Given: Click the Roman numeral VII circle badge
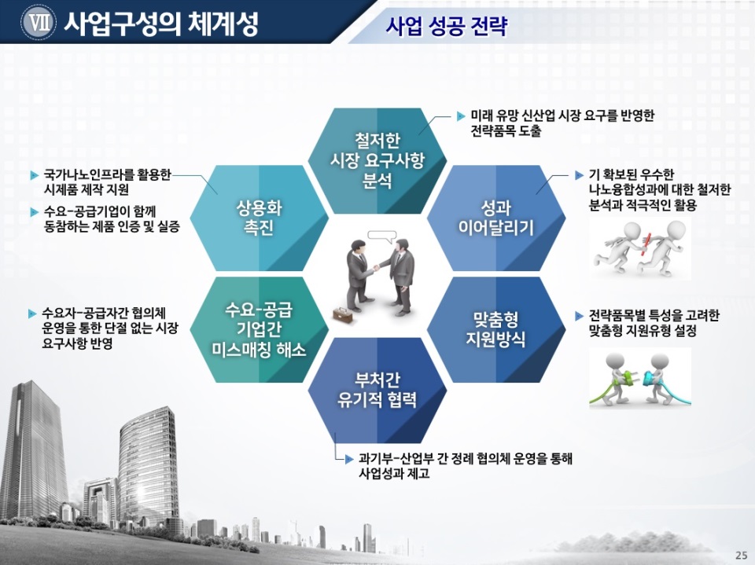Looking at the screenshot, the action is [39, 23].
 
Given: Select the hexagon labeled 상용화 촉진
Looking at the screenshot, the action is [259, 218].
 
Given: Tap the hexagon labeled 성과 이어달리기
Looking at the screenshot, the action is [496, 218].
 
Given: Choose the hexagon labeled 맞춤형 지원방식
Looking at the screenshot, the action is [496, 330].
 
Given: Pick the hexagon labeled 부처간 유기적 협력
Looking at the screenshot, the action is [377, 391].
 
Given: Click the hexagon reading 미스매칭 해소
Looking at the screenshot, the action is [259, 330].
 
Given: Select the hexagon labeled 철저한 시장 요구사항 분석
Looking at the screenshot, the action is [377, 161].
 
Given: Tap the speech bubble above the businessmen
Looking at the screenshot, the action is [381, 236].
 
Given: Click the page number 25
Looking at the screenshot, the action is [742, 554].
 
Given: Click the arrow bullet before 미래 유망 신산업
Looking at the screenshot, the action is [460, 116].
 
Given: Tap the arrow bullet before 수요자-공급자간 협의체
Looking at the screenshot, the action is [33, 314].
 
